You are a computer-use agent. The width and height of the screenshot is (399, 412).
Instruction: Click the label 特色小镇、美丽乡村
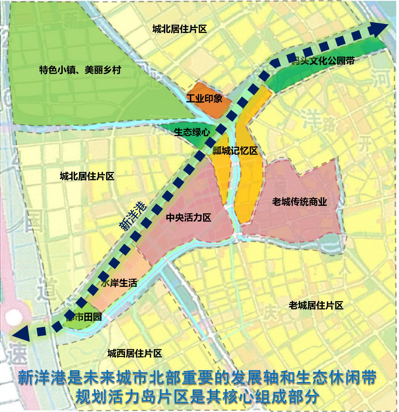click(x=80, y=70)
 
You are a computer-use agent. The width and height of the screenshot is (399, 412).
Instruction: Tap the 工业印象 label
click(x=204, y=98)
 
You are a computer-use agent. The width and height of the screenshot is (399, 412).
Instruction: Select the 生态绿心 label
click(x=192, y=132)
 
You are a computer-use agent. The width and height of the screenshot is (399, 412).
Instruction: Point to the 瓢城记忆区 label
click(x=235, y=150)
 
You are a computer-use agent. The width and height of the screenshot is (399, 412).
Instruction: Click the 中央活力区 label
click(x=189, y=218)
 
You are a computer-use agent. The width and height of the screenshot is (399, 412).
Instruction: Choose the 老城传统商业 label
click(x=300, y=202)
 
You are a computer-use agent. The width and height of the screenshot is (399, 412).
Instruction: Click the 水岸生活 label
click(x=119, y=283)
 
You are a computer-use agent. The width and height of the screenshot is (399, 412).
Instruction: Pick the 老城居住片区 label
click(x=316, y=305)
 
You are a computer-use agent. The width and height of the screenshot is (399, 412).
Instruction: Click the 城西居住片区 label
click(x=135, y=354)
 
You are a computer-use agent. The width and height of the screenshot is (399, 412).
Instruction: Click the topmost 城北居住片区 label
click(x=179, y=29)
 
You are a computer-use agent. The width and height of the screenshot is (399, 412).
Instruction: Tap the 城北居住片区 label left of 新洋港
click(x=87, y=176)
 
